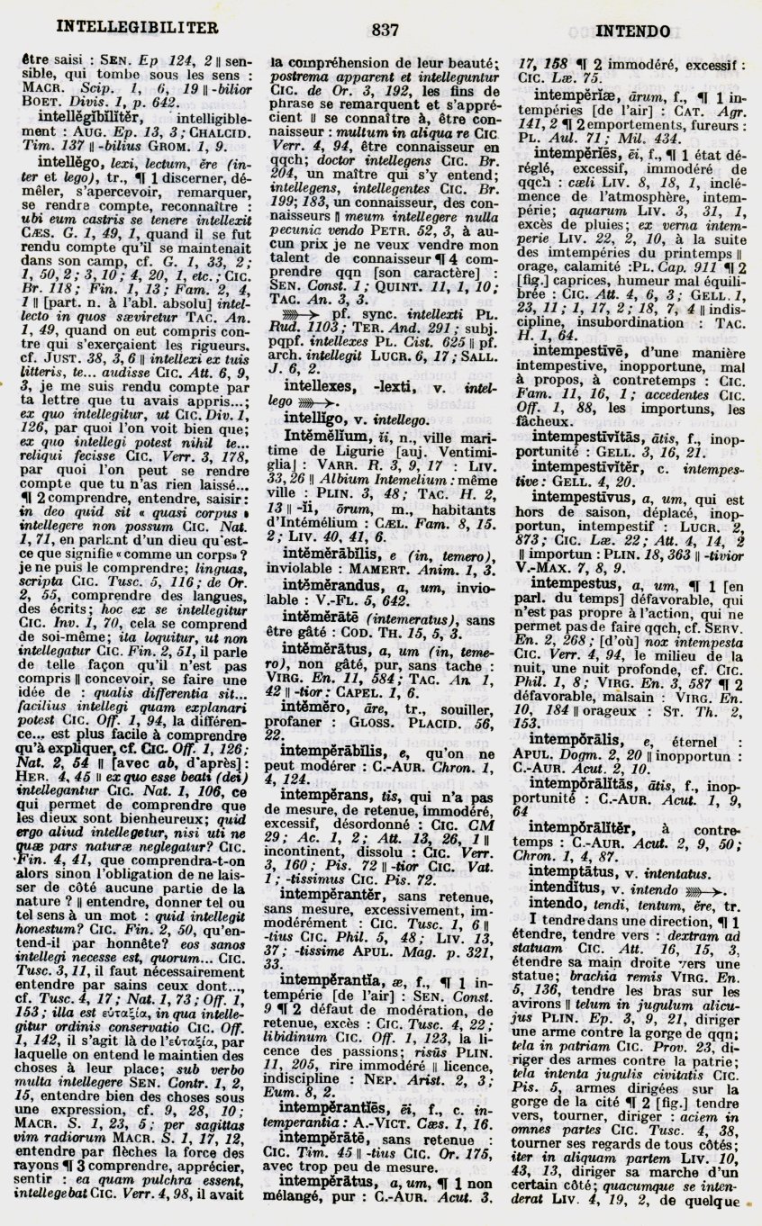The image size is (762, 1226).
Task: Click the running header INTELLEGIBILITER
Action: [137, 28]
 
